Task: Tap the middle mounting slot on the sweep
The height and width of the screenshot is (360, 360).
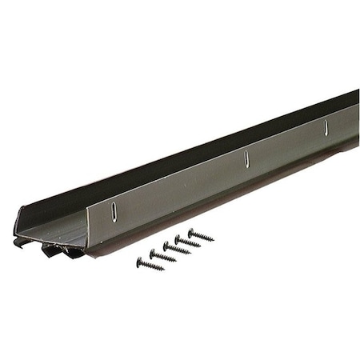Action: point(246,158)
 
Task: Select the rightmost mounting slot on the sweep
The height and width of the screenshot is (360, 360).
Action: point(326,126)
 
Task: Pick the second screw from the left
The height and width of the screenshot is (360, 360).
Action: point(162,256)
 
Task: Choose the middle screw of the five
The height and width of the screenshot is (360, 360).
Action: point(176,249)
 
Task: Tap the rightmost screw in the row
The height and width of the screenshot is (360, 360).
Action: point(201,235)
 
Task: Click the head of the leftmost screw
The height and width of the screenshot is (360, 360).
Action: point(139,260)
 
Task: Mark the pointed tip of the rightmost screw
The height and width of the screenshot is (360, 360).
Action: point(214,240)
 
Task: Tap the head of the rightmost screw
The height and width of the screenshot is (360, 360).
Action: point(191,232)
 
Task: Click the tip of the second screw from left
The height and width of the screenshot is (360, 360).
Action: point(175,261)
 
